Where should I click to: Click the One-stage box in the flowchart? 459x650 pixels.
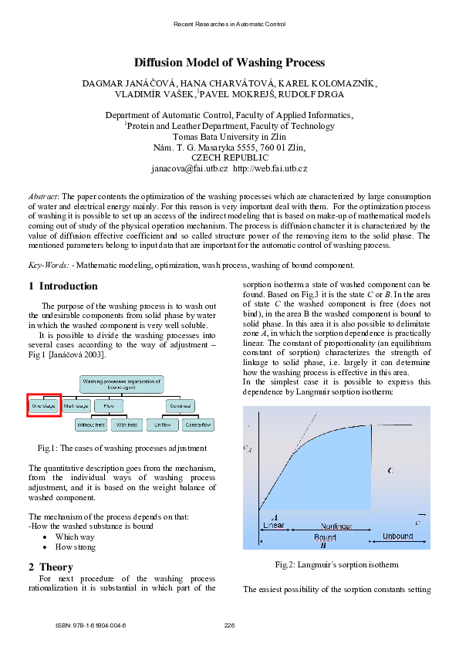tap(44, 405)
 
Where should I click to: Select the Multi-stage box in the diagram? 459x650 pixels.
tap(77, 405)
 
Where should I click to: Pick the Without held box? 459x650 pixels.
tap(91, 425)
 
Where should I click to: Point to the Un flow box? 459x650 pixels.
tap(162, 425)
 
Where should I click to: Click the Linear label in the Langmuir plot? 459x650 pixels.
tap(274, 526)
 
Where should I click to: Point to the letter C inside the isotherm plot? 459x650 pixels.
tap(390, 470)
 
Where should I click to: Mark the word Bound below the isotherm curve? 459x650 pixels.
tap(325, 537)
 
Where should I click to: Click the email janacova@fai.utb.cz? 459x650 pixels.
tap(190, 168)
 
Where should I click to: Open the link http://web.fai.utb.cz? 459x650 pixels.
tap(270, 168)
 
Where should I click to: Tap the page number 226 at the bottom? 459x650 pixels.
tap(229, 625)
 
